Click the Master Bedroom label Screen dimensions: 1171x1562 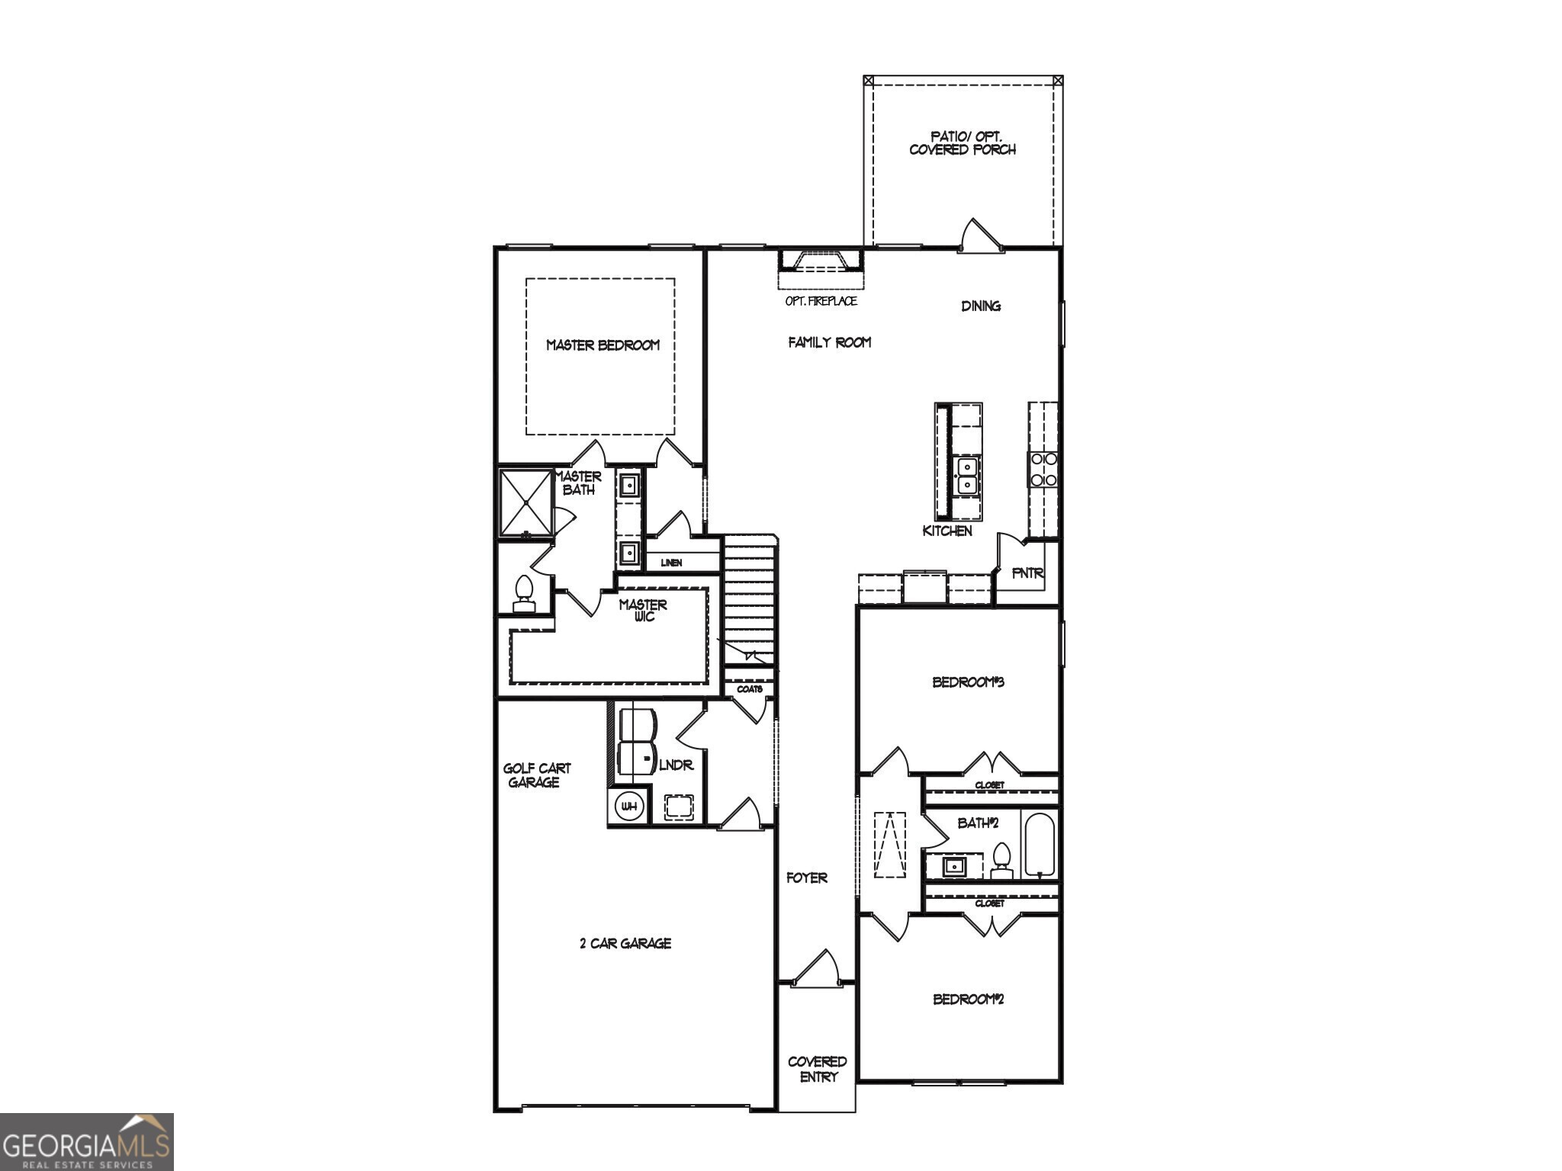tap(603, 345)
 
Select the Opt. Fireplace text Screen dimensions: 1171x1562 tap(821, 301)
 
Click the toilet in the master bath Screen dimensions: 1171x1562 tap(523, 594)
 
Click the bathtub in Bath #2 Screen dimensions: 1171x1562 tap(1039, 845)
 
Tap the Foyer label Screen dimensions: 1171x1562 tap(807, 878)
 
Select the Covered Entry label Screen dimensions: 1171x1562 tap(818, 1069)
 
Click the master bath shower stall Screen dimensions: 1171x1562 tap(525, 503)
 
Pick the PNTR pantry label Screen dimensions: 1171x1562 tap(1027, 573)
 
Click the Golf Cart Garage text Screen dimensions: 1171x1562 tap(536, 775)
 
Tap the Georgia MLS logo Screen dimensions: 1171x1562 tap(86, 1142)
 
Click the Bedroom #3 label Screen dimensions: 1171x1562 tap(968, 682)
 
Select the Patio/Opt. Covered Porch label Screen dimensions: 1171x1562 tap(963, 143)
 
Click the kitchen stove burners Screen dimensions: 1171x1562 tap(1043, 470)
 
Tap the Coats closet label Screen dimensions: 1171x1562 tap(749, 689)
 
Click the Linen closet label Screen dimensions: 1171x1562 tap(671, 563)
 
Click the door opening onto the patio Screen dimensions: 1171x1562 tap(979, 236)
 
